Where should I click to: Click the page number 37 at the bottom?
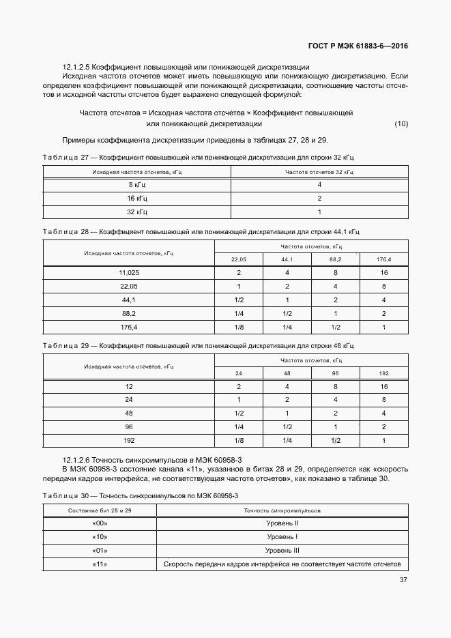[x=402, y=580]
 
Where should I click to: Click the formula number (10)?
[x=401, y=124]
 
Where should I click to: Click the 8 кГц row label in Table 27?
[x=137, y=185]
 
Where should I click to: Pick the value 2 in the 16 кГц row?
[x=319, y=199]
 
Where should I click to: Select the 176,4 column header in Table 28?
[x=384, y=259]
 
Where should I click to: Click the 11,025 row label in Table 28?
[x=128, y=273]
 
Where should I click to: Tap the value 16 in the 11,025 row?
[x=384, y=273]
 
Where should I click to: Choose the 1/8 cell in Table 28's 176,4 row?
[x=239, y=328]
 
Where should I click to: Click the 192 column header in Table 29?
[x=384, y=373]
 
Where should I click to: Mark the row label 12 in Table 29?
[x=128, y=386]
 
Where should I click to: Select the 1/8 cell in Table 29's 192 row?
[x=239, y=441]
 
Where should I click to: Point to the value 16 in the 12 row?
[x=384, y=386]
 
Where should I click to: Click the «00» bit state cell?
[x=100, y=523]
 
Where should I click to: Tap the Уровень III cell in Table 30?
[x=282, y=551]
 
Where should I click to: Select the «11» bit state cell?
[x=100, y=564]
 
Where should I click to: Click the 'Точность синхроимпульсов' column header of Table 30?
[x=282, y=510]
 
